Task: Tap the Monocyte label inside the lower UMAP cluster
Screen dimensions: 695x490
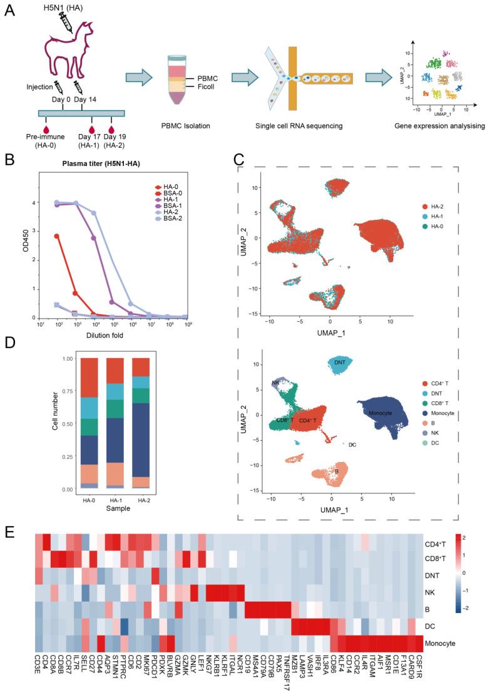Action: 380,414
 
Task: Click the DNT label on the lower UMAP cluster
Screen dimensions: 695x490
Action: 340,363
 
